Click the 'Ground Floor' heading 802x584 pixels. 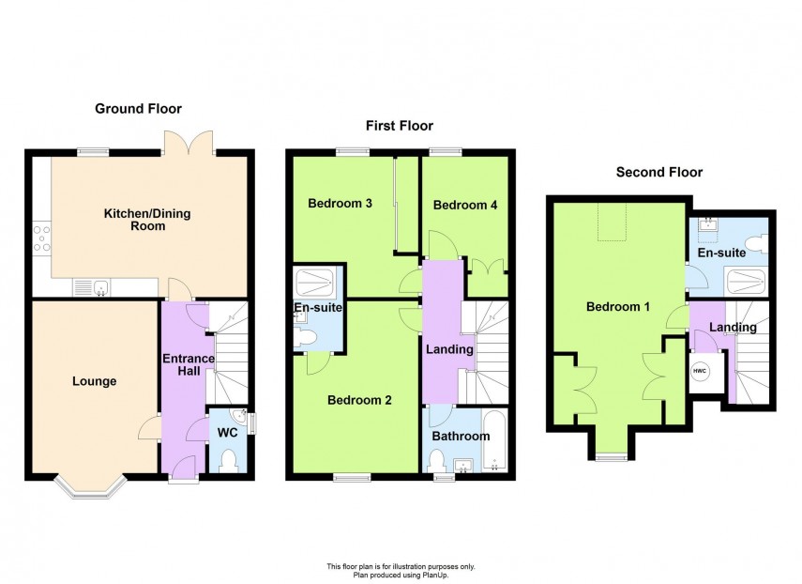point(138,109)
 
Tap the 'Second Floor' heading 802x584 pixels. point(658,172)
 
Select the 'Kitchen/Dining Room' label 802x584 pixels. point(146,220)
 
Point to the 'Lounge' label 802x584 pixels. point(94,381)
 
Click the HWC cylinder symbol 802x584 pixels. point(700,372)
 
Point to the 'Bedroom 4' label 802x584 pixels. point(465,205)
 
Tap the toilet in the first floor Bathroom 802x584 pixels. point(436,460)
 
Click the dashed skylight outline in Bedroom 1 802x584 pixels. point(610,222)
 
